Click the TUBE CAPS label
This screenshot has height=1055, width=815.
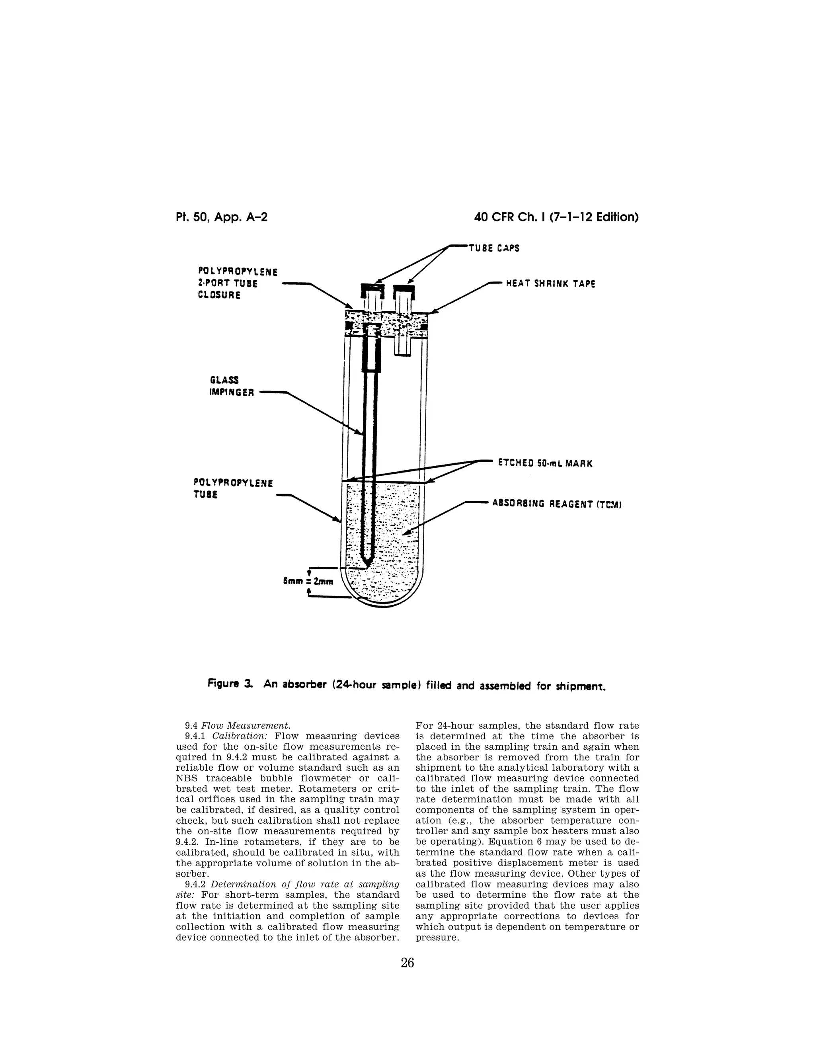[x=494, y=248]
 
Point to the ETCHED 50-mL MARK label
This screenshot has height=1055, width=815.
[x=545, y=463]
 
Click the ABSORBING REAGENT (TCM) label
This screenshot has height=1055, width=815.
[x=556, y=504]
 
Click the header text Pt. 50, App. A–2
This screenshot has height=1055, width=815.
[x=222, y=217]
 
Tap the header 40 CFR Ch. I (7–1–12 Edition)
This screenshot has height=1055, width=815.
[x=556, y=217]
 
